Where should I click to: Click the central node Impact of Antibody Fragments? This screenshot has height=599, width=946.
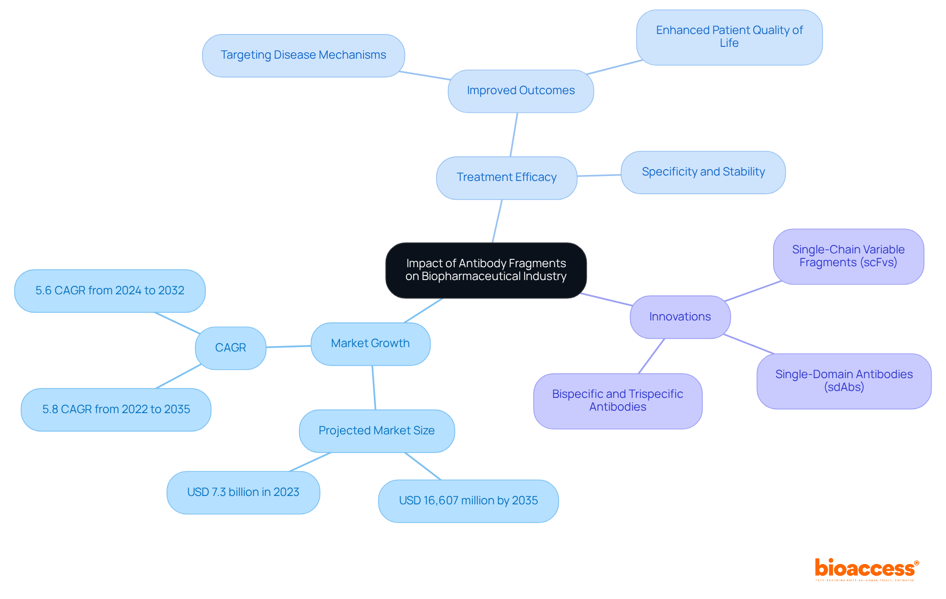click(486, 270)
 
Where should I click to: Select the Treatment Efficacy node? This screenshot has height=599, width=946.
click(507, 177)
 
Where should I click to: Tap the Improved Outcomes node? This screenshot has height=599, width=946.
click(521, 91)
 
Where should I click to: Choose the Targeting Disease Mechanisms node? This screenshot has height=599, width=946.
click(303, 55)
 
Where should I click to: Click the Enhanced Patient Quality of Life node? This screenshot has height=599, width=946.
click(729, 37)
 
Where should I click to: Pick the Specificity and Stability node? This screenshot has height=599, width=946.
click(703, 172)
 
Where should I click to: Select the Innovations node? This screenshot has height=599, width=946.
click(680, 317)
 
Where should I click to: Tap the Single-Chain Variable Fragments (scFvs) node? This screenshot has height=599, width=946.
click(848, 256)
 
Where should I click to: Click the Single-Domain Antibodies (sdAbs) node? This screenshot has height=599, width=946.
click(844, 381)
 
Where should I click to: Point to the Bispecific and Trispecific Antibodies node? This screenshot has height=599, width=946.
click(617, 401)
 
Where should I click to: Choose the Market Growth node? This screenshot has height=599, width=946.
click(370, 344)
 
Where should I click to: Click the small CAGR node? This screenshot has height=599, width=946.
click(231, 348)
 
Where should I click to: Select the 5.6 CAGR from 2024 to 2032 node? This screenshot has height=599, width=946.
click(110, 291)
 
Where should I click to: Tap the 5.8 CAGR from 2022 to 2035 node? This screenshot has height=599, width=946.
click(116, 410)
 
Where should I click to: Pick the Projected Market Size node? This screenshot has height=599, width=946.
click(376, 431)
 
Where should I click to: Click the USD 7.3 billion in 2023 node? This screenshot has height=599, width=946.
click(243, 493)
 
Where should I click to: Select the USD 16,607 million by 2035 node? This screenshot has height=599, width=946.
click(468, 501)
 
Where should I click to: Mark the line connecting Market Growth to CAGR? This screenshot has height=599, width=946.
click(288, 347)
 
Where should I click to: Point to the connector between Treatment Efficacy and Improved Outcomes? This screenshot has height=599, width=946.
click(514, 135)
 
